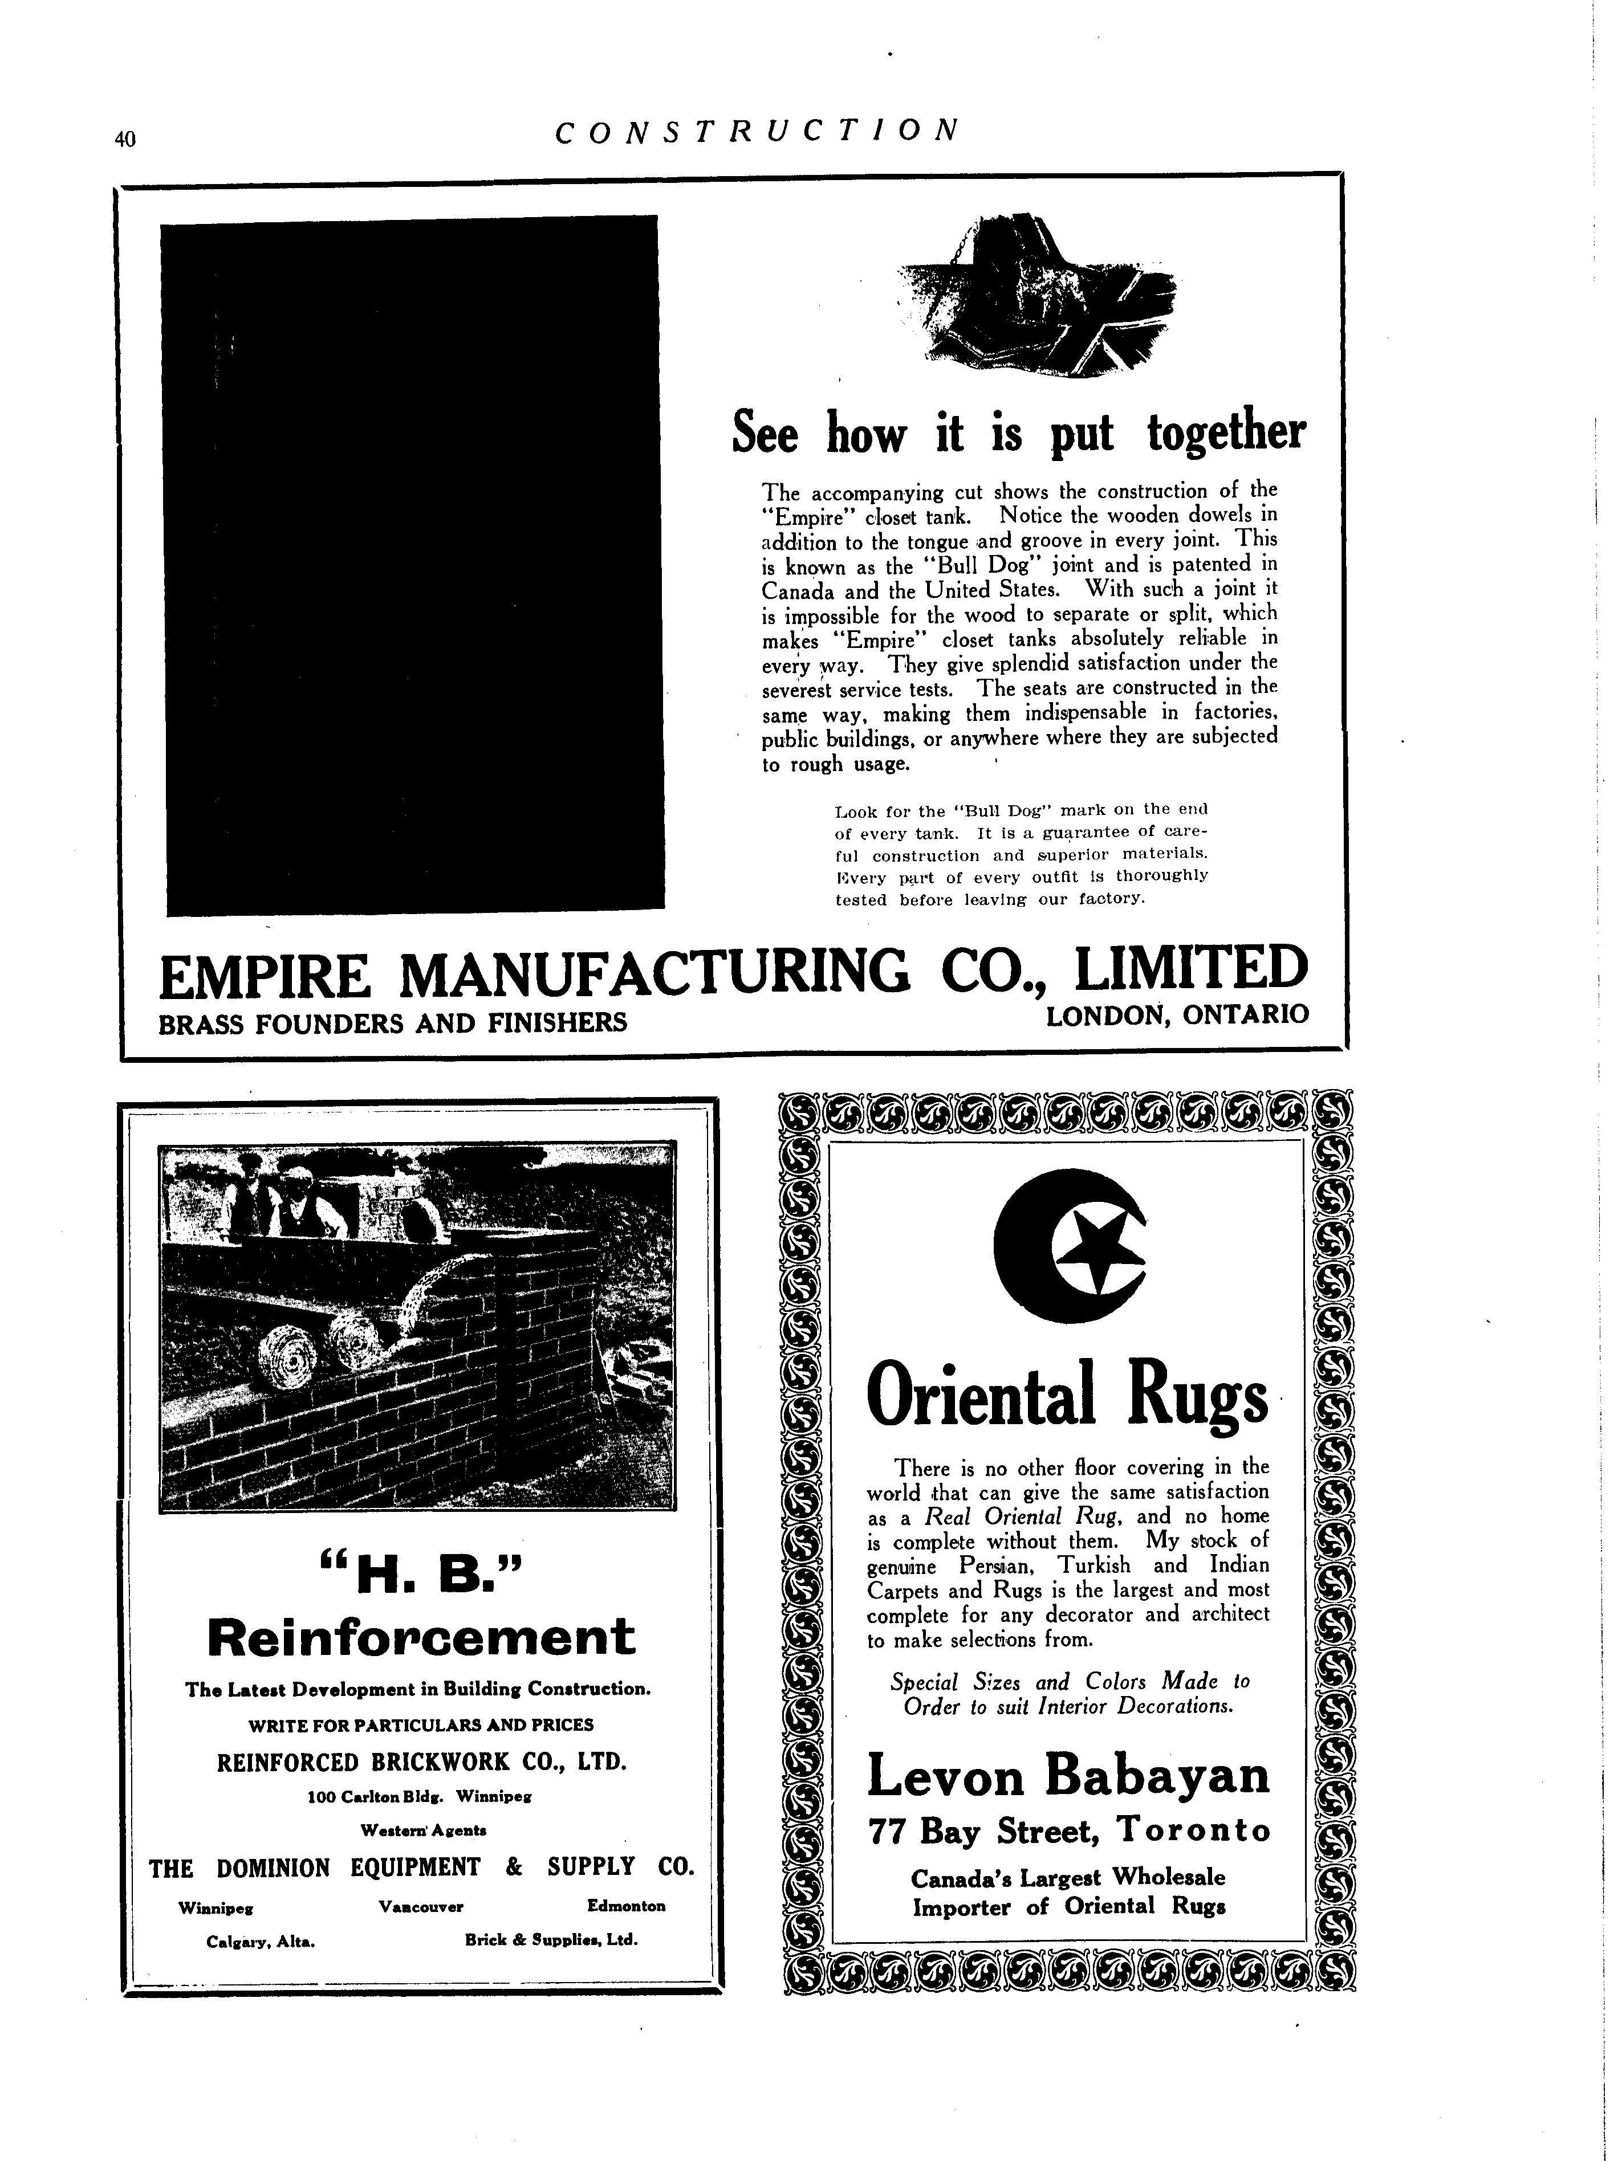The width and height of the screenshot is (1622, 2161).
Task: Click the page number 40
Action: (x=124, y=140)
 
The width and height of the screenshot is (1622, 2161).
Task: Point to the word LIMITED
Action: (x=1190, y=970)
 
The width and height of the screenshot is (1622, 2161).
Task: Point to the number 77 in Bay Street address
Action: (x=889, y=1831)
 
